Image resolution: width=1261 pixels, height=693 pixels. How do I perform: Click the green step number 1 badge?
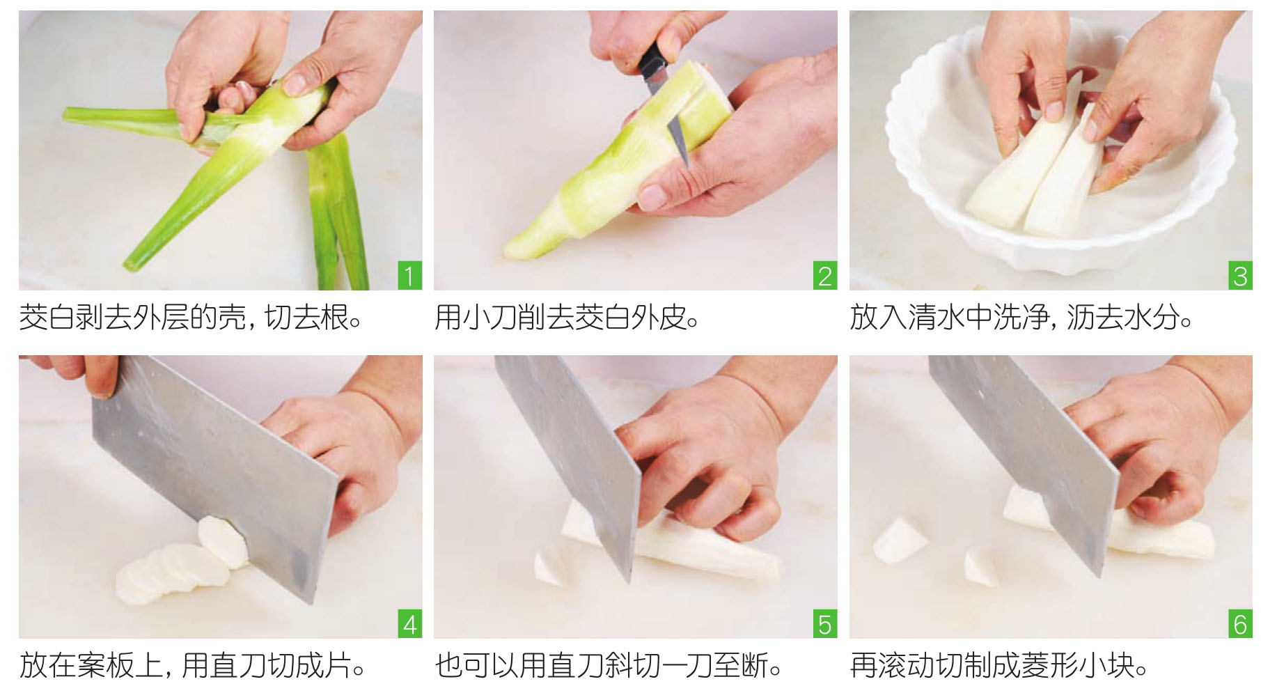[409, 276]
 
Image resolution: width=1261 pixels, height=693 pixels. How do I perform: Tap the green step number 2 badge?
[825, 276]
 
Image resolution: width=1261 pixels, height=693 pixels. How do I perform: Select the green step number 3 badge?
[1240, 276]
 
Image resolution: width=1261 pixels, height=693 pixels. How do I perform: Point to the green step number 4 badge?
[409, 623]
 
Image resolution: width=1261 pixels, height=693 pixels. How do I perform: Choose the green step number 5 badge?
[825, 623]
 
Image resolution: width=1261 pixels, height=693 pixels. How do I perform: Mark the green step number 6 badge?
[1240, 623]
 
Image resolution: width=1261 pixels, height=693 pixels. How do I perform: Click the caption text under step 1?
[190, 318]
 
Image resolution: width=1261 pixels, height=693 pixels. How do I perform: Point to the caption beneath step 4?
[193, 665]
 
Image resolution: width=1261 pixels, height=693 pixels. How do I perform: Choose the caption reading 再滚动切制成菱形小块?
[999, 665]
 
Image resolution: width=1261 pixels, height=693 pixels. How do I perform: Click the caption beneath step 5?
[609, 665]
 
